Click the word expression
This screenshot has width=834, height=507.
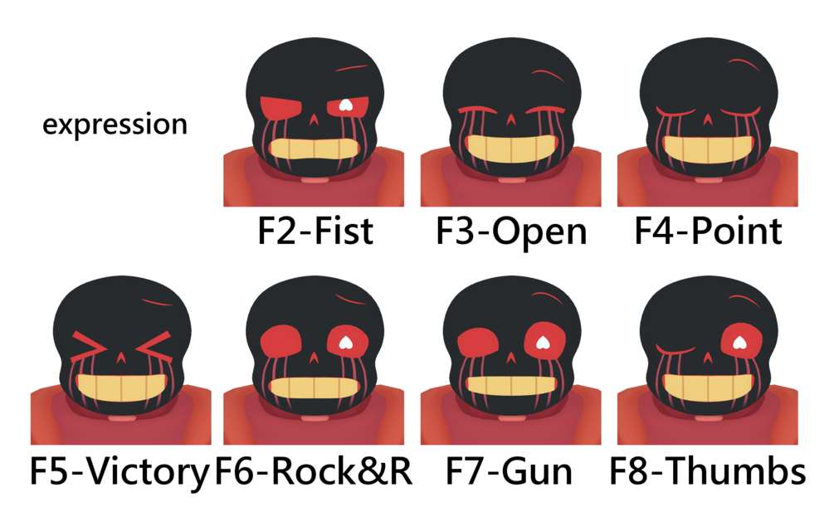point(115,124)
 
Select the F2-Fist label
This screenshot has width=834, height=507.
point(315,231)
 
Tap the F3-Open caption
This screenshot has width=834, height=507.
point(511,232)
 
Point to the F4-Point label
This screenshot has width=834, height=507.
point(708,231)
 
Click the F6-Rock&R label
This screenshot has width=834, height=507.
point(314,470)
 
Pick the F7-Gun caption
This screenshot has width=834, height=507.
point(509,470)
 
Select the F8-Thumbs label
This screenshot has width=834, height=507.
point(707,470)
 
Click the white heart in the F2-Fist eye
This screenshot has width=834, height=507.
point(346,105)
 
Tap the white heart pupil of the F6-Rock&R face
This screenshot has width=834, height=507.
point(346,342)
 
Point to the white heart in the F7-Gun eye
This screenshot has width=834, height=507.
point(543,342)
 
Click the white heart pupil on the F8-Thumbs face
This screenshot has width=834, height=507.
point(739,342)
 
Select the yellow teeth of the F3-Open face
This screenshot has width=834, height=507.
point(510,149)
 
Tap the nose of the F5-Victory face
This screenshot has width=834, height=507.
point(121,357)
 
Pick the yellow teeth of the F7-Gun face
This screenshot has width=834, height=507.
point(510,386)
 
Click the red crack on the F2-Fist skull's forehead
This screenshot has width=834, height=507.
point(352,68)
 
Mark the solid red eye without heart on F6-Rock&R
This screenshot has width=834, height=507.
point(281,342)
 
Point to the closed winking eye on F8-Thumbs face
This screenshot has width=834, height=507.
point(675,349)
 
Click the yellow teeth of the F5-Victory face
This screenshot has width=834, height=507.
point(121,388)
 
